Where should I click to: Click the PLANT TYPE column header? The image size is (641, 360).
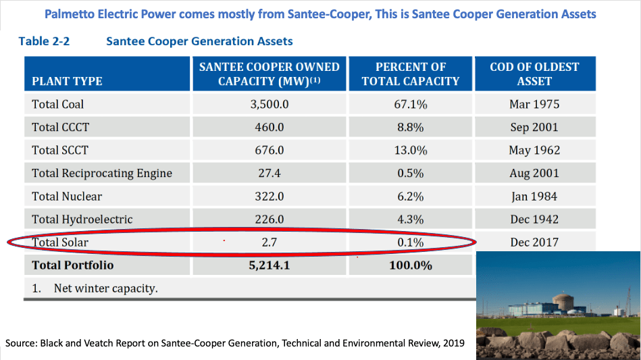coord(67,81)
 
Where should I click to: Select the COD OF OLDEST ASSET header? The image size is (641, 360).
coord(534,74)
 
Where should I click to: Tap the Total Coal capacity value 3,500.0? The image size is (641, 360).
coord(270,105)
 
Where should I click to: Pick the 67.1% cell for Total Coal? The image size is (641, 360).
coord(410,105)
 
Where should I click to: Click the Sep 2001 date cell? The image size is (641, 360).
coord(534,128)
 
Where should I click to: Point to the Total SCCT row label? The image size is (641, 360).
coord(60,150)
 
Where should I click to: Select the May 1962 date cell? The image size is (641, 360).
coord(534,150)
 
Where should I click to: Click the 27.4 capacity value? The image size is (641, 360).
coord(270,173)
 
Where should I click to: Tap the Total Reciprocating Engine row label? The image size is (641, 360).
coord(102,173)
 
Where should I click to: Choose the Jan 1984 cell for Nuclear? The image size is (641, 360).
coord(534,197)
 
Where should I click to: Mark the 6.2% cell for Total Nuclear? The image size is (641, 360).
coord(410,197)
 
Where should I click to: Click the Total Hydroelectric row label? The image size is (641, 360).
coord(82,219)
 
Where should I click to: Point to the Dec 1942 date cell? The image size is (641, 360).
coord(534,219)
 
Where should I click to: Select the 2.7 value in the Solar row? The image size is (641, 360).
coord(270,242)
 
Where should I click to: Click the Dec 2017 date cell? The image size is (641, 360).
coord(534,242)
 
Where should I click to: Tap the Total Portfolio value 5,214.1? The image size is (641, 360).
coord(270,265)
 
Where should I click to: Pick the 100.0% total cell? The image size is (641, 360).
coord(410,265)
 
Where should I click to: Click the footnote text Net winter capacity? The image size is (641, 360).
coord(105,288)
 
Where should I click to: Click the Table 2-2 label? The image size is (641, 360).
coord(45,42)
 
